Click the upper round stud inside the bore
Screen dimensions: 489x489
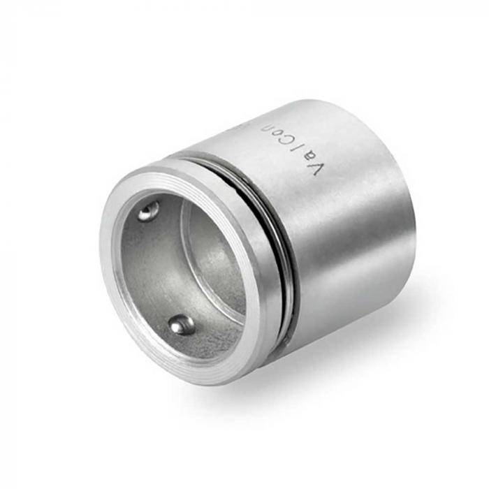coord(147,211)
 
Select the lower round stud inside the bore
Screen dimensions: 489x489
coord(182,324)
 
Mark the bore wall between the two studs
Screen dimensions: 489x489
coord(150,272)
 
